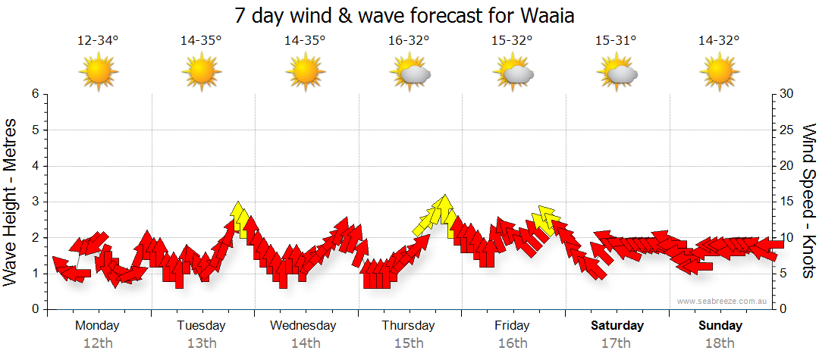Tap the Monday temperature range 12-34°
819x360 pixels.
[x=98, y=41]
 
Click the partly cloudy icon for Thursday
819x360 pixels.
[x=410, y=73]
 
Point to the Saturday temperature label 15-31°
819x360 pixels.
[x=616, y=41]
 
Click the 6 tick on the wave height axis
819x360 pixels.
[x=35, y=94]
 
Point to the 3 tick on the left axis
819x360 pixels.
[x=35, y=202]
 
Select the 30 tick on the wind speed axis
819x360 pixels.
[x=787, y=94]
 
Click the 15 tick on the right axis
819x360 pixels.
[x=787, y=202]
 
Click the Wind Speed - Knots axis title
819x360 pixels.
[x=808, y=202]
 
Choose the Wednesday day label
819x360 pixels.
[x=303, y=326]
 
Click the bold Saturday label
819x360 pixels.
[x=617, y=326]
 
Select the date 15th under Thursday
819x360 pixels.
[x=409, y=343]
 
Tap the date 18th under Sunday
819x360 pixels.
[x=720, y=343]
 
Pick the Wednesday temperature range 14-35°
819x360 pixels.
[x=305, y=41]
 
